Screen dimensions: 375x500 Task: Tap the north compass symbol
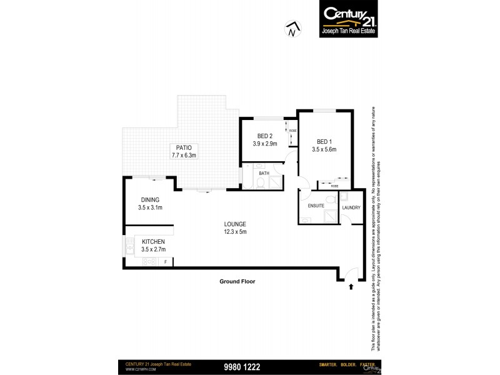(291, 29)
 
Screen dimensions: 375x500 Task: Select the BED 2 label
(265, 136)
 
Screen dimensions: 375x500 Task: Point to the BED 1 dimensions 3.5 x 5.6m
(324, 149)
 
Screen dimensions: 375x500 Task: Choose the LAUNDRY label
(351, 207)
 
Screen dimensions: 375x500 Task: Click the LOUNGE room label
(236, 224)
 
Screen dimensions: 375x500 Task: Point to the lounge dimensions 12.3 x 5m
(236, 232)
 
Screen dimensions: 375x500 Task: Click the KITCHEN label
(153, 241)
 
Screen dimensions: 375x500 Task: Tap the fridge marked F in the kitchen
(165, 262)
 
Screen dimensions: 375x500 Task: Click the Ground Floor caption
(237, 281)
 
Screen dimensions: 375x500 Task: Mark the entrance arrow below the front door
(351, 287)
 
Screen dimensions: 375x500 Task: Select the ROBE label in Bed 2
(292, 131)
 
